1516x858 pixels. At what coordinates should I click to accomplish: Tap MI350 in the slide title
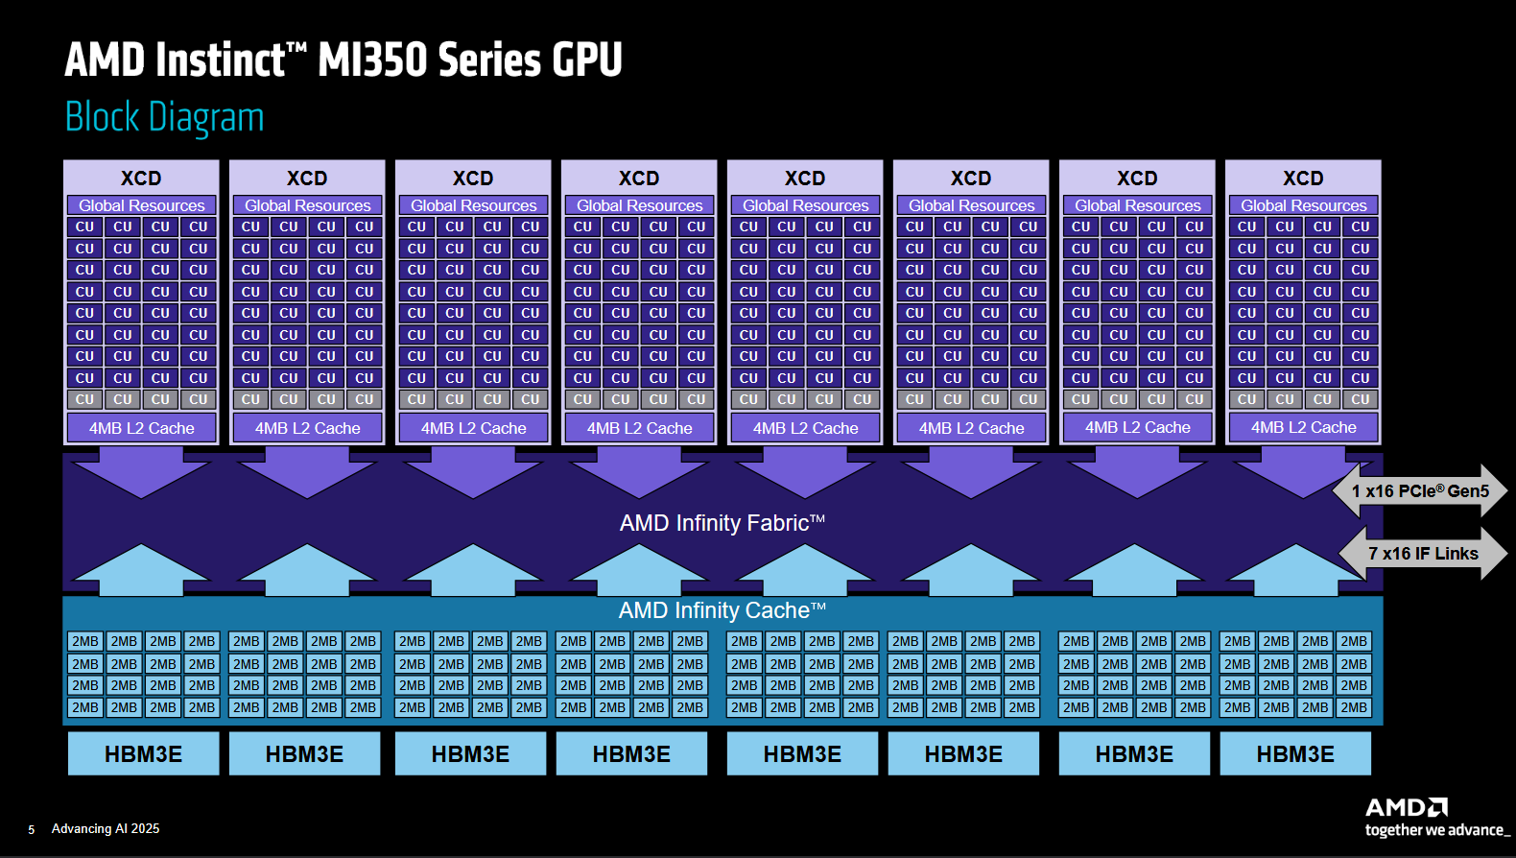373,60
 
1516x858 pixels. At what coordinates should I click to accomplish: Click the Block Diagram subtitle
164,117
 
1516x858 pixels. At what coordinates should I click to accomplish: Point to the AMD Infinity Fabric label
722,523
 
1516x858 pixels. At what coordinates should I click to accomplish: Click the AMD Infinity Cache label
722,610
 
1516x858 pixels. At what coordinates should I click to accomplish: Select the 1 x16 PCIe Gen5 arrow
1420,491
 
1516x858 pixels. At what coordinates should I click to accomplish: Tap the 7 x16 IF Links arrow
1423,553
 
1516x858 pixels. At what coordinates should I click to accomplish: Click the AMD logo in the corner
1407,807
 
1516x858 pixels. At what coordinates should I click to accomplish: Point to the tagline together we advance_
1437,830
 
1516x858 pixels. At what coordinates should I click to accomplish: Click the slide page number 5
31,829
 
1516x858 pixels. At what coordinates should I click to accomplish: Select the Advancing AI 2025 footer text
106,828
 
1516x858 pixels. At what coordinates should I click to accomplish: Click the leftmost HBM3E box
144,753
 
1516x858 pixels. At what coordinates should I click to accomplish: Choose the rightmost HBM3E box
1295,753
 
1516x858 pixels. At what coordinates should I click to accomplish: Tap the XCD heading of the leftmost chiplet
141,179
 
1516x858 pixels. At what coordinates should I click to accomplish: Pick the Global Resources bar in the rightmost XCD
1304,205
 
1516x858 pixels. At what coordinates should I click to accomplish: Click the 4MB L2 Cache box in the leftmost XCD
141,428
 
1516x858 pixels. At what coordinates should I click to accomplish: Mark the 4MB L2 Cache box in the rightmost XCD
1304,427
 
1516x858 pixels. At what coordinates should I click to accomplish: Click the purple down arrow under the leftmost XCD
141,473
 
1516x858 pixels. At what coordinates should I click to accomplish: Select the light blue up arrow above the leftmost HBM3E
141,570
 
